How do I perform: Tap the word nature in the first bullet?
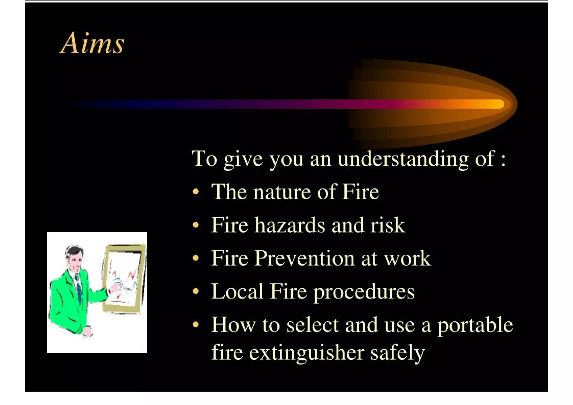click(x=282, y=192)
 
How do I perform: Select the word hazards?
click(x=290, y=225)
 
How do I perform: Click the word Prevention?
click(x=304, y=258)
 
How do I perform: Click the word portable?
click(x=475, y=326)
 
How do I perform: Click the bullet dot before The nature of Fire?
click(x=196, y=192)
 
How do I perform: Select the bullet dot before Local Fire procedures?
click(x=196, y=291)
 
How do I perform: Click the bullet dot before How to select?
click(x=196, y=325)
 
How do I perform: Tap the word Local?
click(x=237, y=292)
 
